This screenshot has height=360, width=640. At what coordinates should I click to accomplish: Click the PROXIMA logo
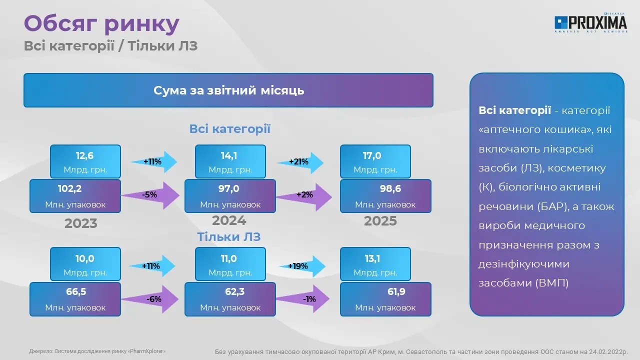[x=590, y=23]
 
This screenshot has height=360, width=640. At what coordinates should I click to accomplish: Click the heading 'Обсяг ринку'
[x=101, y=24]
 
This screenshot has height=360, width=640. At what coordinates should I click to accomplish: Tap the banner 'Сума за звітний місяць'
[x=228, y=90]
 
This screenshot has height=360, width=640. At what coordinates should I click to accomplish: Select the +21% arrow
[x=300, y=162]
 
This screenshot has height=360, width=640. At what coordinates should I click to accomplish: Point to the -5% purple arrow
[x=150, y=195]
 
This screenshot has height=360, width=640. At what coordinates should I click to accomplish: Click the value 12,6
[x=84, y=155]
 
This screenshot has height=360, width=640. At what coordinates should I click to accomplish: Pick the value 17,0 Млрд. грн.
[x=375, y=161]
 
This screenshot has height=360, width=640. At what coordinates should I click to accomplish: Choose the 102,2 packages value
[x=69, y=188]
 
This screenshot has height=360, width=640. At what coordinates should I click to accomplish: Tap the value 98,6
[x=390, y=188]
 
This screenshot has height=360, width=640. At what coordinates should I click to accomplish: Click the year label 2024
[x=229, y=220]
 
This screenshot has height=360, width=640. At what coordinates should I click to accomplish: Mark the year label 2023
[x=81, y=223]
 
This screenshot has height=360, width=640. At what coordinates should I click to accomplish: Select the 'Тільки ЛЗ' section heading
[x=229, y=237]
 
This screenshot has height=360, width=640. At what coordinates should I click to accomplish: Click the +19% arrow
[x=301, y=266]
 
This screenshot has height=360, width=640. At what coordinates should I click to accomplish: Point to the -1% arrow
[x=303, y=299]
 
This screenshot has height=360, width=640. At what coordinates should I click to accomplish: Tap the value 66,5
[x=76, y=291]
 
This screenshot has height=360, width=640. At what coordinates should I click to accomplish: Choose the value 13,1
[x=372, y=259]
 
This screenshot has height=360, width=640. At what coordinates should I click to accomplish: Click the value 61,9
[x=396, y=291]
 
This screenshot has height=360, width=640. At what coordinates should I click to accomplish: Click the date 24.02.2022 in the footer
[x=605, y=351]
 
